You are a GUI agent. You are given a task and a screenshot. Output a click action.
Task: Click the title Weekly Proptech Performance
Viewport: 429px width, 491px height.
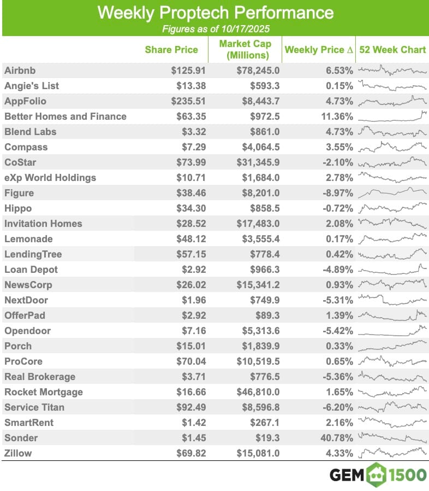214,13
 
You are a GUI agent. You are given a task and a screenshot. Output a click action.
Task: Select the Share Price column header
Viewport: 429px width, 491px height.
171,50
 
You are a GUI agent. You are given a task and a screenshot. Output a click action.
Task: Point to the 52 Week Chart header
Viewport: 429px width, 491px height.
392,50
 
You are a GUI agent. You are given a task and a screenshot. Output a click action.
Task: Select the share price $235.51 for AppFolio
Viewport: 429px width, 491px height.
184,101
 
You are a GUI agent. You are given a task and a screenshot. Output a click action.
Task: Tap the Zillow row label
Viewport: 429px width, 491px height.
18,453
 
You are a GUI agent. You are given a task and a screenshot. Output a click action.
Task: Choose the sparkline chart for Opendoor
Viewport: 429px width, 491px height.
392,331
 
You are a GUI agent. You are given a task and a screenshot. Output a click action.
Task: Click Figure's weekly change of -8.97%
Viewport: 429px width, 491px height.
337,193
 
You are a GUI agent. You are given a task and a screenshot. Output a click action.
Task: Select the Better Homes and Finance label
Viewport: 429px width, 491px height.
65,116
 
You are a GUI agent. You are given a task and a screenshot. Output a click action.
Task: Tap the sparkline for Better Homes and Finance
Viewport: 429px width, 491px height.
392,116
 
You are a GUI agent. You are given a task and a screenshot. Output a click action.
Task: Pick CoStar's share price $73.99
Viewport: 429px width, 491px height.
186,162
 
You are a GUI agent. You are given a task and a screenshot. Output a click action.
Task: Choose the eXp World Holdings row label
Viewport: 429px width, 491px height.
50,178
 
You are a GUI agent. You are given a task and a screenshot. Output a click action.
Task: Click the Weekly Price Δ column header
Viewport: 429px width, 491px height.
319,50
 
